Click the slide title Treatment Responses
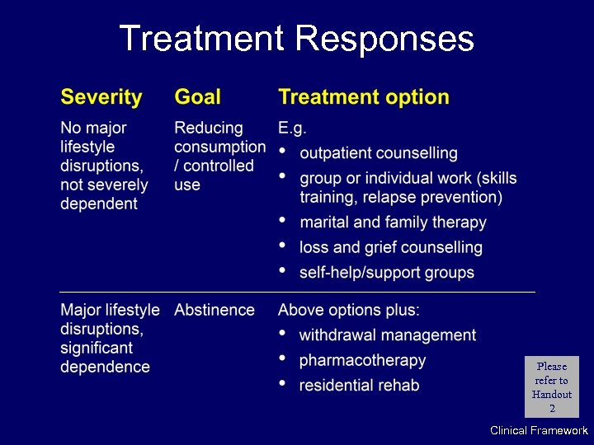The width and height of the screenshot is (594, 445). (x=296, y=39)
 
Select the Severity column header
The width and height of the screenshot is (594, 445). (x=101, y=97)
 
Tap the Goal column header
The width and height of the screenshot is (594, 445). (x=197, y=97)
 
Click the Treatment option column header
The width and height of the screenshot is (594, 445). (x=364, y=97)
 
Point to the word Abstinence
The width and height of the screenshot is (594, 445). (x=214, y=310)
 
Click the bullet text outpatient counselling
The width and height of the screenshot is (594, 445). (x=378, y=153)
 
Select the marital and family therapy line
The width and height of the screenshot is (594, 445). (x=393, y=222)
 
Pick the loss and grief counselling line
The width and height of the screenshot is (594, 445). (x=390, y=247)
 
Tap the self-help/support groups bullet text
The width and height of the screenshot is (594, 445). (x=386, y=272)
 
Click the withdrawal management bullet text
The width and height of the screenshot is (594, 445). (x=387, y=335)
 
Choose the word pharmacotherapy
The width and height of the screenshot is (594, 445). (x=362, y=360)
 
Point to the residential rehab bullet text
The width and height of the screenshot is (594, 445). (x=359, y=385)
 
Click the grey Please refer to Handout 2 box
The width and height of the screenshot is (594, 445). (x=552, y=387)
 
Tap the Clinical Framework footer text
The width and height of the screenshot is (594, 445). (x=539, y=430)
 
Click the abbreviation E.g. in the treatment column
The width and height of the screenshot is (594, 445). (x=292, y=129)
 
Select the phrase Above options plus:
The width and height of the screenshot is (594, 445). (x=349, y=310)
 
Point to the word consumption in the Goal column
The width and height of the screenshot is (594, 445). (x=219, y=148)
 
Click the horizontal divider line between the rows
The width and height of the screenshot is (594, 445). (x=297, y=292)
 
